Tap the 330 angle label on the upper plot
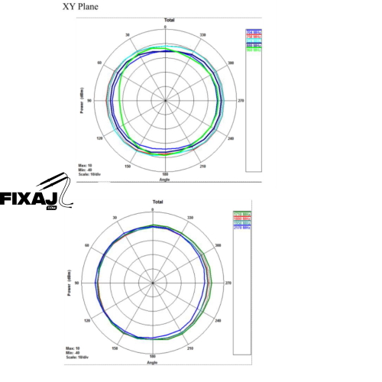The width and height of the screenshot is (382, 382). (202, 34)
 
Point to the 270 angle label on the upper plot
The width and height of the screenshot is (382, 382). (240, 100)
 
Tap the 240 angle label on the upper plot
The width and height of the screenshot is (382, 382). (231, 138)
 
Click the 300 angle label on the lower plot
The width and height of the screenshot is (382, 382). (219, 245)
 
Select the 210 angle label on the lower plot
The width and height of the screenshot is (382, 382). (191, 348)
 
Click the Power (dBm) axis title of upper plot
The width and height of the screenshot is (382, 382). (81, 101)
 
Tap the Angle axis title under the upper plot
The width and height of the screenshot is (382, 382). (164, 180)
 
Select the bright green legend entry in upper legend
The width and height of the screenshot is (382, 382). (254, 51)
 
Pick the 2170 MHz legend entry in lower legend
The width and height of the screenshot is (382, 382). (242, 228)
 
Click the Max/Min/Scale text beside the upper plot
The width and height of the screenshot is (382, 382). (90, 168)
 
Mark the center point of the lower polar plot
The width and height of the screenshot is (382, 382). (154, 283)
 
